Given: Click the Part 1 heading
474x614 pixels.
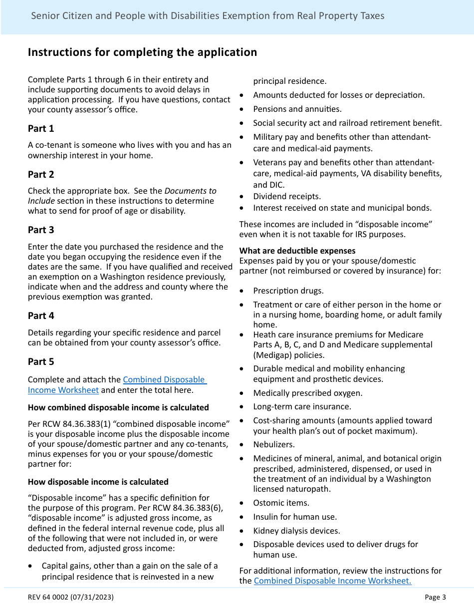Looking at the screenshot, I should (41, 129).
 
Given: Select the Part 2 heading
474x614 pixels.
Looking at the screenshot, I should (41, 175).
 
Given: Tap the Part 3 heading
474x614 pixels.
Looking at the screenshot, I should (41, 230).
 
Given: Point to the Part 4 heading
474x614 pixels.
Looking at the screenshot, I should (41, 316).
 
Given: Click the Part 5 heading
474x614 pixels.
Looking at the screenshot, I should (41, 362).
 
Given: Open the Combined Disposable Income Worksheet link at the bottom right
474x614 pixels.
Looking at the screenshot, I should (332, 581).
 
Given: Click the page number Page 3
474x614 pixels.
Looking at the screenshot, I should (435, 597).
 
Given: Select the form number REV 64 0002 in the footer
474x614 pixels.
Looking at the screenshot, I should (71, 597).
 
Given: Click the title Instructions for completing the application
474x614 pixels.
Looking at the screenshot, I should (142, 52).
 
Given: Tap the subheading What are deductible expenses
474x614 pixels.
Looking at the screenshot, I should (297, 251).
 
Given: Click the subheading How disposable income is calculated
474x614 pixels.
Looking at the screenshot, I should (98, 482).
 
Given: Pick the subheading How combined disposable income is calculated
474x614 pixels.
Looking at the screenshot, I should (118, 407).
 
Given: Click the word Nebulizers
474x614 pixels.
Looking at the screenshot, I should (274, 444).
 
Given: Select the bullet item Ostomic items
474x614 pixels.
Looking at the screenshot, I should (281, 503).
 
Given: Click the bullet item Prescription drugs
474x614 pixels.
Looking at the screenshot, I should (288, 291).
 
